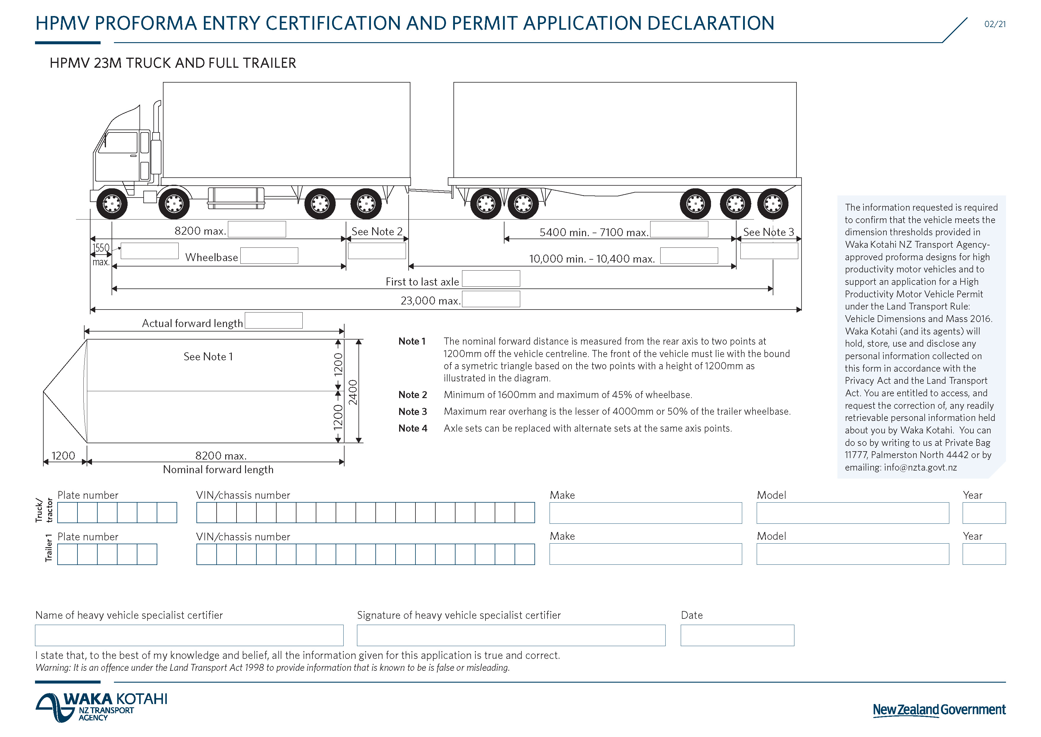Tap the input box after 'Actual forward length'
273,321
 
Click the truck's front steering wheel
112,204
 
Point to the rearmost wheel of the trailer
772,204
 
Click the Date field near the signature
737,635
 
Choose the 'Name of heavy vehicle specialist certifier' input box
189,635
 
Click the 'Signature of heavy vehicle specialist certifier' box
511,635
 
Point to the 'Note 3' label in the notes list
412,412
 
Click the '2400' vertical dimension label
353,392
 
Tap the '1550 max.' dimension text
101,255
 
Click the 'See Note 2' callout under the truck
377,231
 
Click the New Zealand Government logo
939,710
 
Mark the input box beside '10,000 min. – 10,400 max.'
689,255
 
